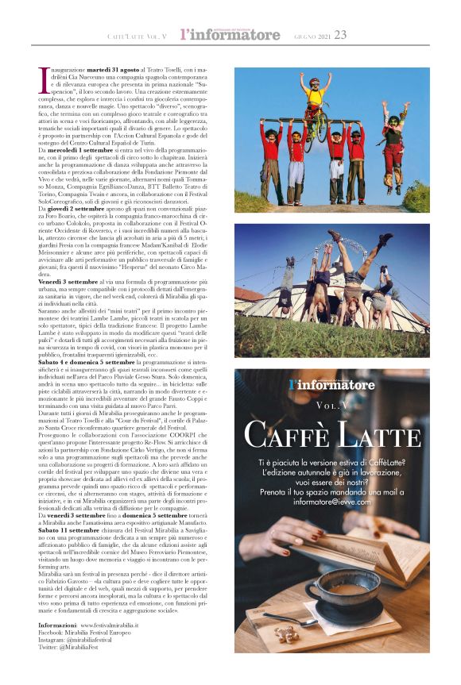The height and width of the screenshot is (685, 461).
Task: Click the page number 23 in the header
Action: [x=341, y=35]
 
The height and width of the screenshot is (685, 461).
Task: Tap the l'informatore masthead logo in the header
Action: [x=230, y=35]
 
